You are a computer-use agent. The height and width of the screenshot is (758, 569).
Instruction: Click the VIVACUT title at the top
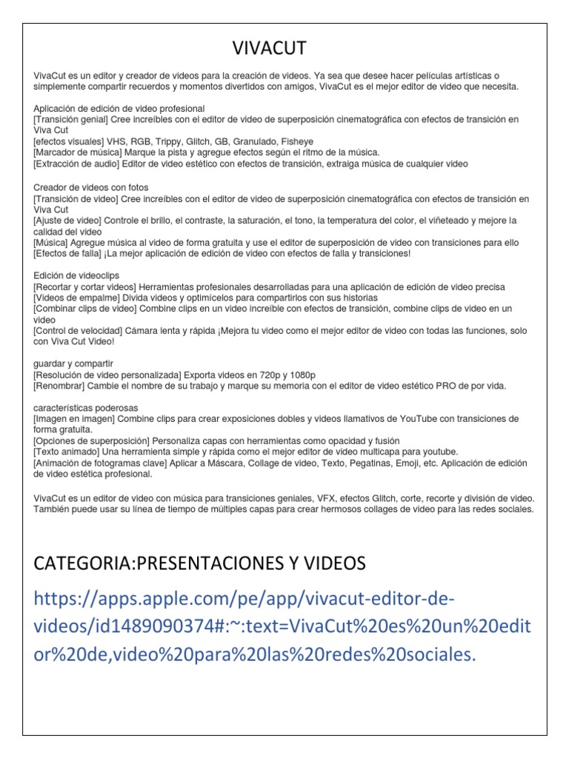(269, 49)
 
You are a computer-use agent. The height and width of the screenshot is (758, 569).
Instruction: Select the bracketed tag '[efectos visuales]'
(70, 141)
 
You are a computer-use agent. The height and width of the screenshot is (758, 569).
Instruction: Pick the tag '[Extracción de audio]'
(77, 164)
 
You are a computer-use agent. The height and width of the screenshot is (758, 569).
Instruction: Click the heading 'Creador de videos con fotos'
(90, 187)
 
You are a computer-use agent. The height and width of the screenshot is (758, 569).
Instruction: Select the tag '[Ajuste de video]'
(68, 221)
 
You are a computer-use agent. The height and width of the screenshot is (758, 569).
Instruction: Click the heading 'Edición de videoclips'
(76, 275)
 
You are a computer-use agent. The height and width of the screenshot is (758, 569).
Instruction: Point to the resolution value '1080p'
(303, 375)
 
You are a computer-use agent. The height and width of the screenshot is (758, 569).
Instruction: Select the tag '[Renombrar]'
(60, 386)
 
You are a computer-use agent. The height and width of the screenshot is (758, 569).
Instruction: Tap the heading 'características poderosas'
(85, 408)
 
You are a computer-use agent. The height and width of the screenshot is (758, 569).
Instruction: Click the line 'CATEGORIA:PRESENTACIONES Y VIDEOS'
(199, 564)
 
